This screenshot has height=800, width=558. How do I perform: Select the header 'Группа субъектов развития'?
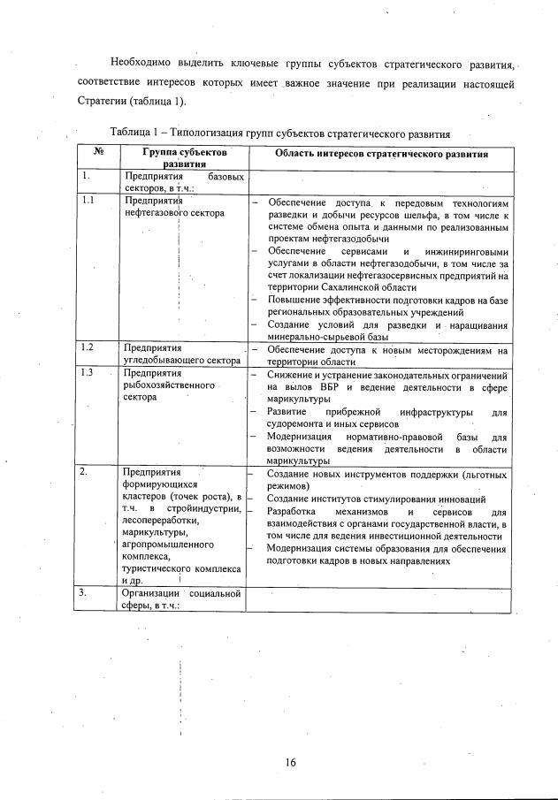(184, 157)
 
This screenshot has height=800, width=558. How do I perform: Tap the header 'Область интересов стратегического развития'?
(381, 153)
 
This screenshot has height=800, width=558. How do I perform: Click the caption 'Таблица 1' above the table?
(140, 133)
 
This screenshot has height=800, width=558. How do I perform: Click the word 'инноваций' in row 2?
(440, 499)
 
